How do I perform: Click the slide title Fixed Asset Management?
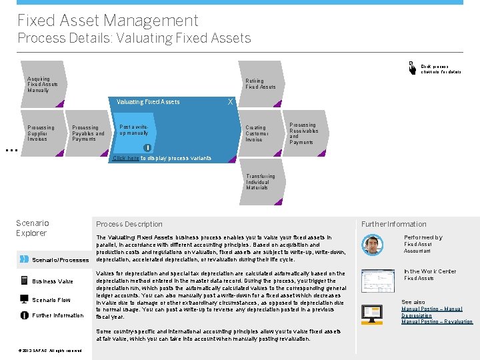(107, 21)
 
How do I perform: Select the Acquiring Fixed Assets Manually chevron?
(43, 85)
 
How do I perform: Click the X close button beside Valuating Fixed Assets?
(230, 102)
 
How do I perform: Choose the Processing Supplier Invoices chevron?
(41, 133)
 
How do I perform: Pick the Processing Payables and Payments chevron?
(88, 133)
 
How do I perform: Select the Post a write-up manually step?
(137, 131)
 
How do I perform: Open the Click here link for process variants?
(126, 159)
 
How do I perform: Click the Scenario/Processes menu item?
(60, 260)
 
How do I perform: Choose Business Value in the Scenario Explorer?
(52, 281)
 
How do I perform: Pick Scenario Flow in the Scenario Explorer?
(51, 300)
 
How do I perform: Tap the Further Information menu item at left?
(57, 316)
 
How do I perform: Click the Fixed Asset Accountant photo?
(373, 245)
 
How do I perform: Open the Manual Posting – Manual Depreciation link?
(431, 312)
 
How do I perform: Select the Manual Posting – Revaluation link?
(437, 321)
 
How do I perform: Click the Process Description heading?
(129, 224)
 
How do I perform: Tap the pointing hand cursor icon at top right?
(411, 67)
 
